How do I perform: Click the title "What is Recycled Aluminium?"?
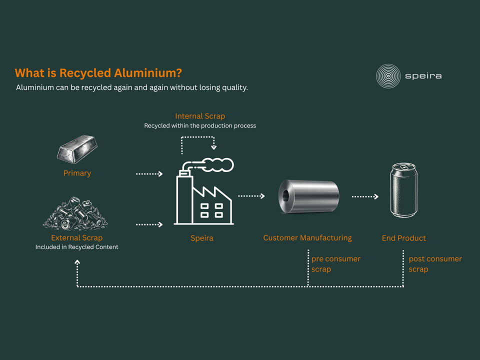98,73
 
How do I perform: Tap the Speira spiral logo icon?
388,76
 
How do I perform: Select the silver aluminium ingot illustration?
77,149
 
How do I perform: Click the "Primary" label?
77,173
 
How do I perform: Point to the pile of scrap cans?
75,213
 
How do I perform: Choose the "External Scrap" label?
77,238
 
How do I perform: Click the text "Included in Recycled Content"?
77,247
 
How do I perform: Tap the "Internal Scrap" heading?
200,116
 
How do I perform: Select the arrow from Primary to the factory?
149,174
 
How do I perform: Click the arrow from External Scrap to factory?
149,224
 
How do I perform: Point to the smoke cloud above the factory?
216,165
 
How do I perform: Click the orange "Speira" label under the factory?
201,238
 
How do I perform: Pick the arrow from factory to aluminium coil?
251,196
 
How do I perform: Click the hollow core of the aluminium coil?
285,196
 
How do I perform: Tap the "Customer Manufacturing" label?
307,238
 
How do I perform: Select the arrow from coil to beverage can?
365,196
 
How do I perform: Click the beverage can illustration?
404,190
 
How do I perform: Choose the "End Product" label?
404,238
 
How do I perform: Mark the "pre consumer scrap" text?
336,264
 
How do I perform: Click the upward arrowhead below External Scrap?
77,262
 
